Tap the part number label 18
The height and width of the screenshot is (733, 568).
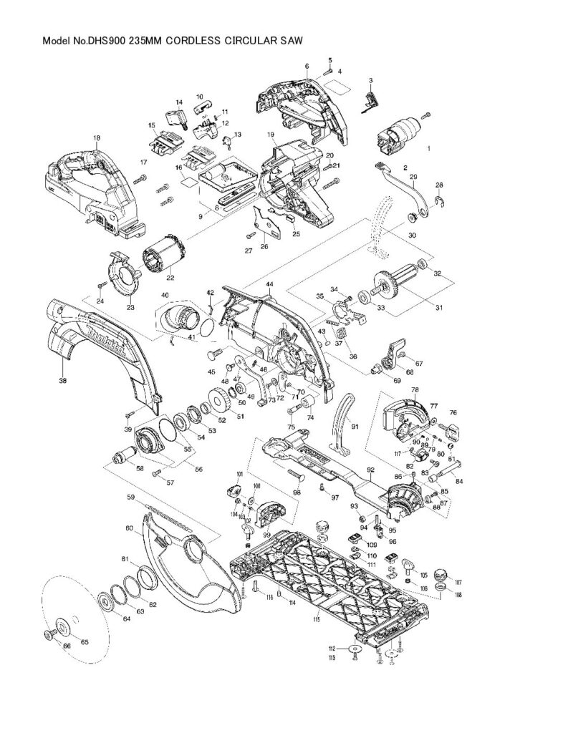tap(96, 137)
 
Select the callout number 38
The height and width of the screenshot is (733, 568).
tap(63, 382)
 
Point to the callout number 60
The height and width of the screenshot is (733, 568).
tap(130, 528)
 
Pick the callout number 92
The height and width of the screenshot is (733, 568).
tap(371, 470)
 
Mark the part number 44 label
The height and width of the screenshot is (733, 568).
tap(269, 284)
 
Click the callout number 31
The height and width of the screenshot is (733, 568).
tap(438, 308)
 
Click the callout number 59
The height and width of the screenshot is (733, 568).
tap(131, 497)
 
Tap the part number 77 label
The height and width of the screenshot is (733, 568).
tap(433, 404)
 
